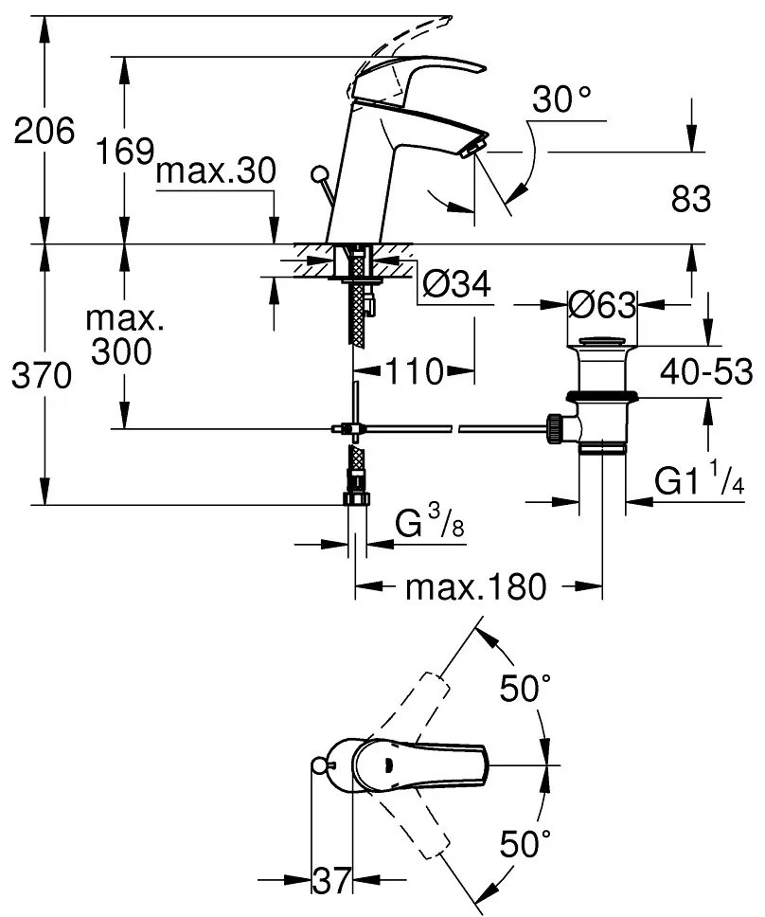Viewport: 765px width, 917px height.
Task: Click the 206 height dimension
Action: pos(44,131)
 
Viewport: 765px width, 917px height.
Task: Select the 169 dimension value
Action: pos(124,151)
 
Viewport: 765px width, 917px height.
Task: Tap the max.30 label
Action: pos(216,171)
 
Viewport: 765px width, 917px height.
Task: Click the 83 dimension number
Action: pos(691,199)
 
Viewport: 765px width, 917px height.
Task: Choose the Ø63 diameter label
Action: pos(602,305)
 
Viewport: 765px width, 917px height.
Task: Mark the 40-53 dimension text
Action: pos(706,371)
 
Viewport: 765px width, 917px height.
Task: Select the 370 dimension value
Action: pos(42,375)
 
